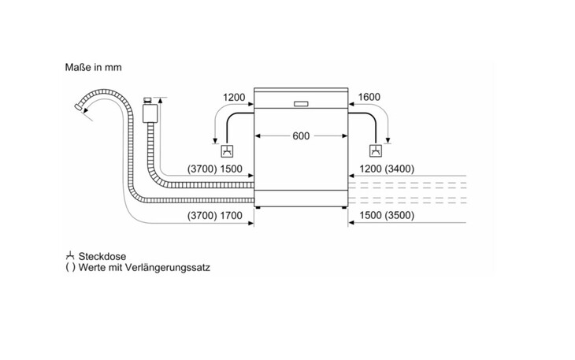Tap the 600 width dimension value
tap(300, 136)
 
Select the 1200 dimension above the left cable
tap(235, 98)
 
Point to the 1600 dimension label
tap(369, 98)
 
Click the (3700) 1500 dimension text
tap(214, 169)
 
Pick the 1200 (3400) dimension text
tap(386, 169)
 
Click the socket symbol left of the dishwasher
tap(227, 151)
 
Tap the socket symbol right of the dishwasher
tap(377, 151)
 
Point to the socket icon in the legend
tap(71, 256)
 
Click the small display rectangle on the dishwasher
tap(300, 102)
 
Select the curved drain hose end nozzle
tap(80, 104)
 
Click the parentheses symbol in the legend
tap(71, 268)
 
